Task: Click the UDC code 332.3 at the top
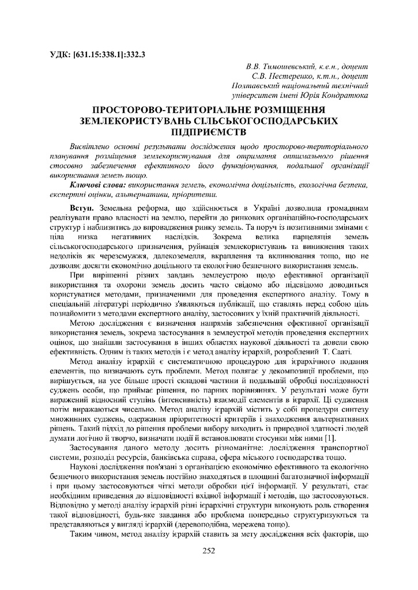[x=134, y=55]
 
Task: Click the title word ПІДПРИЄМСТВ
[x=209, y=131]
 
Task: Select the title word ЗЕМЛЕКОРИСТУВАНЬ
[x=135, y=120]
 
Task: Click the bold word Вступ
[x=83, y=206]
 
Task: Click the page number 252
[x=209, y=551]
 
